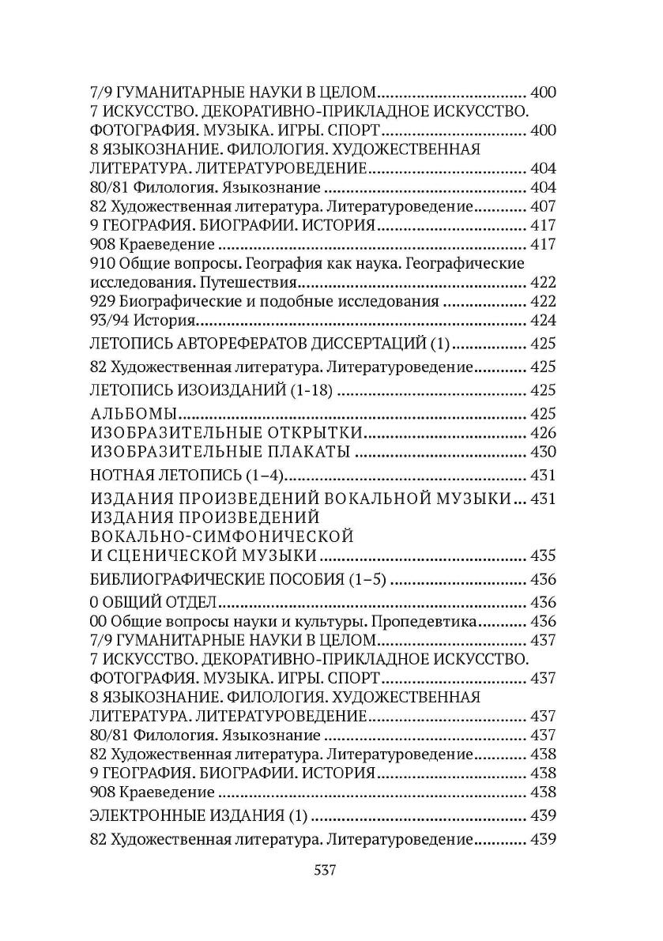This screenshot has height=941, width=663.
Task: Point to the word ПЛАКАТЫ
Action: [298, 452]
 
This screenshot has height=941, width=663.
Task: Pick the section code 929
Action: [101, 301]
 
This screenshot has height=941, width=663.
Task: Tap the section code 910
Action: [101, 263]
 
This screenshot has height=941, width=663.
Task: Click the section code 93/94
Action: [107, 320]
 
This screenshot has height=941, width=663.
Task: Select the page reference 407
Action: [544, 206]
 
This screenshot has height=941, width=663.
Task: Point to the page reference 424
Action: [544, 320]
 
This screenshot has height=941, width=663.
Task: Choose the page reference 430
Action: [544, 452]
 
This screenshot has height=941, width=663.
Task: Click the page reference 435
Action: [544, 555]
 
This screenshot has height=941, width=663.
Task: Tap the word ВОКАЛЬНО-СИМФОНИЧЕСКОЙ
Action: [221, 536]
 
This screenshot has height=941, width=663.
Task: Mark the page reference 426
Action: [544, 432]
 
